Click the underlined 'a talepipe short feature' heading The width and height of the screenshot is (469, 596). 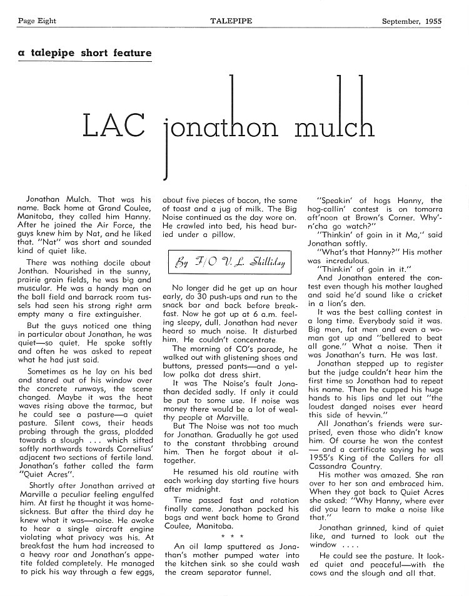[84, 53]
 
